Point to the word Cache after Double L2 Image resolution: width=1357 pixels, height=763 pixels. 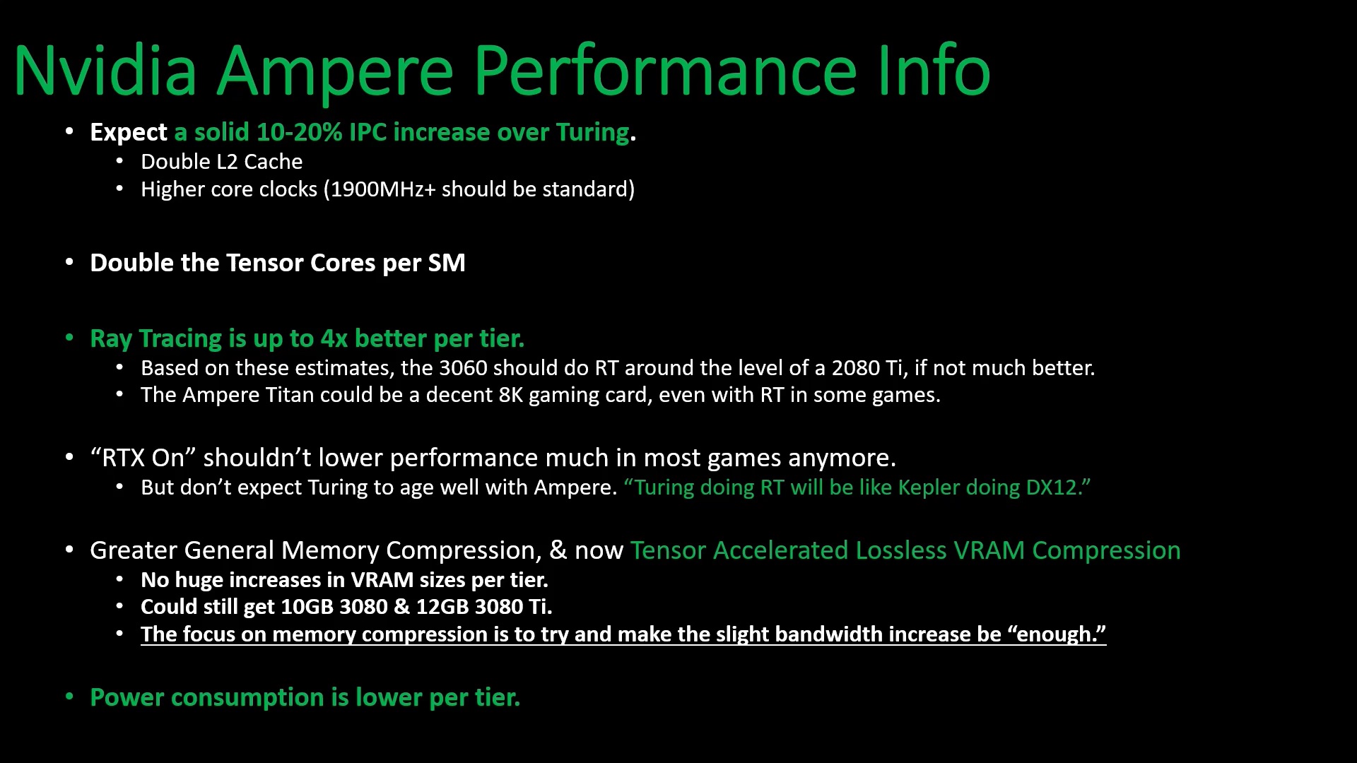click(x=273, y=162)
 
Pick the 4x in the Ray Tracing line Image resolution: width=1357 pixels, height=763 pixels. click(x=334, y=338)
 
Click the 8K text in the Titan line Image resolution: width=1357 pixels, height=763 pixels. click(x=511, y=395)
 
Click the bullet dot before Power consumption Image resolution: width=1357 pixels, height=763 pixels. click(x=69, y=697)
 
